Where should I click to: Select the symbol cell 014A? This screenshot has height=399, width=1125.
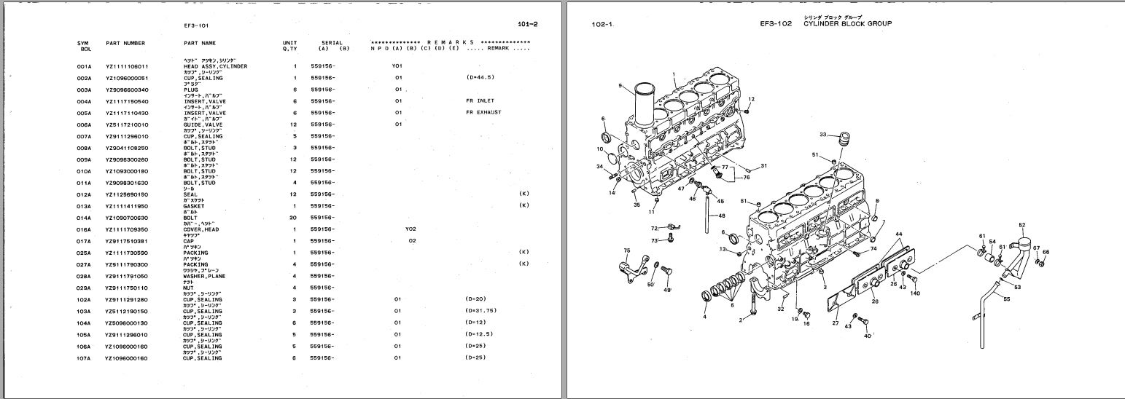click(84, 218)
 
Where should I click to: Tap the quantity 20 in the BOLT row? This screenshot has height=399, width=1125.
click(295, 218)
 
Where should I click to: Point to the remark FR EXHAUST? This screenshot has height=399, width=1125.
click(483, 113)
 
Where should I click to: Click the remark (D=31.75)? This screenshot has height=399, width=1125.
click(480, 311)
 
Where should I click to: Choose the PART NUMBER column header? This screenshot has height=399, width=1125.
click(125, 44)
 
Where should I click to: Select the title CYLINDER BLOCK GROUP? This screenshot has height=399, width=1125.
click(847, 23)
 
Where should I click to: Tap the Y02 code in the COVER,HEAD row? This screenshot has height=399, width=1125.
click(411, 229)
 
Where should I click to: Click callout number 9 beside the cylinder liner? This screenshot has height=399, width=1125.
click(620, 86)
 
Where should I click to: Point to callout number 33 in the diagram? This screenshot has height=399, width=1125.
click(822, 135)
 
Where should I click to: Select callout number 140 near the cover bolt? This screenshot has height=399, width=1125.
click(915, 293)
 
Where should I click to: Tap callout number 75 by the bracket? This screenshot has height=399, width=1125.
click(626, 251)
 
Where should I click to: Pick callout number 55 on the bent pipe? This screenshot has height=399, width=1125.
click(1006, 299)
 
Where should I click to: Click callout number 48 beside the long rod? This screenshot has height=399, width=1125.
click(721, 216)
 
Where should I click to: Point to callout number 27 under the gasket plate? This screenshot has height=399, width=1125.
click(836, 323)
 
